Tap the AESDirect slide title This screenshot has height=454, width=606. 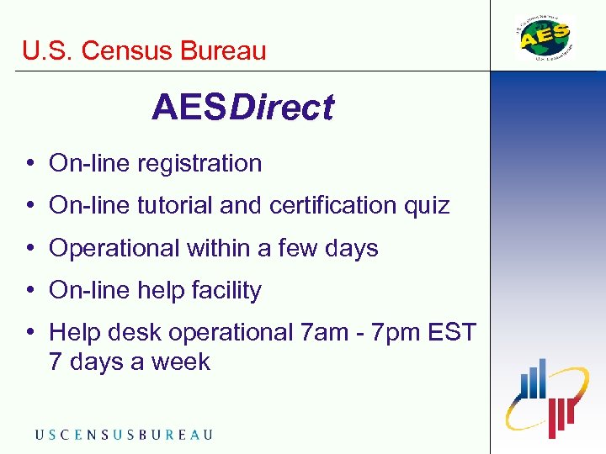point(242,108)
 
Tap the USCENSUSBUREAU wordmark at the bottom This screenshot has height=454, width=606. point(124,435)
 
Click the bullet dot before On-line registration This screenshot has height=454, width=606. point(29,163)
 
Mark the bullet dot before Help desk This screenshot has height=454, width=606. point(29,333)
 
